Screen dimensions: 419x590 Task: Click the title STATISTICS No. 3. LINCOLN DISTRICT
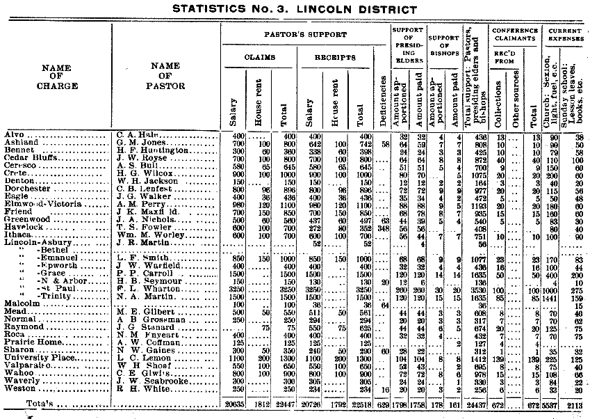point(294,9)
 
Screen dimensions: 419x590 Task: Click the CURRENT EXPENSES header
point(565,36)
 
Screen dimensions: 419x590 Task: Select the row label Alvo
point(14,134)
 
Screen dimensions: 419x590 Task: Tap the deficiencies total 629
point(386,404)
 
